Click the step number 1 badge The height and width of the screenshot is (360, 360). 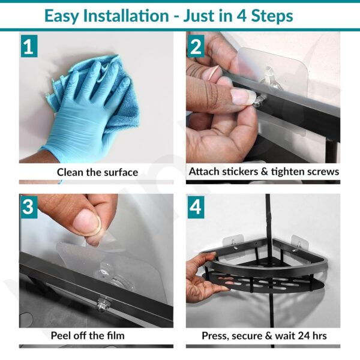point(29,46)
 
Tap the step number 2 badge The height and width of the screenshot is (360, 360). point(196,46)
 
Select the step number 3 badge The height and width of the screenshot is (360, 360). point(29,207)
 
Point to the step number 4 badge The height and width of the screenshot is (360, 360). point(196,207)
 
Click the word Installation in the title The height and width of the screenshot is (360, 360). point(126,16)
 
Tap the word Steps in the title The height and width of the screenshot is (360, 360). point(272,16)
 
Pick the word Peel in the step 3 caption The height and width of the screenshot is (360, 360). point(60,335)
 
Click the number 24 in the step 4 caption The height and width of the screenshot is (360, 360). point(304,335)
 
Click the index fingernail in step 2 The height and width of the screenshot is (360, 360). point(242,96)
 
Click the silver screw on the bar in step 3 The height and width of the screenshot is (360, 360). point(103,304)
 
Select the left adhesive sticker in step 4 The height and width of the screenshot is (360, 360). point(233,247)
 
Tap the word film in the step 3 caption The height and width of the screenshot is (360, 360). point(116,335)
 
